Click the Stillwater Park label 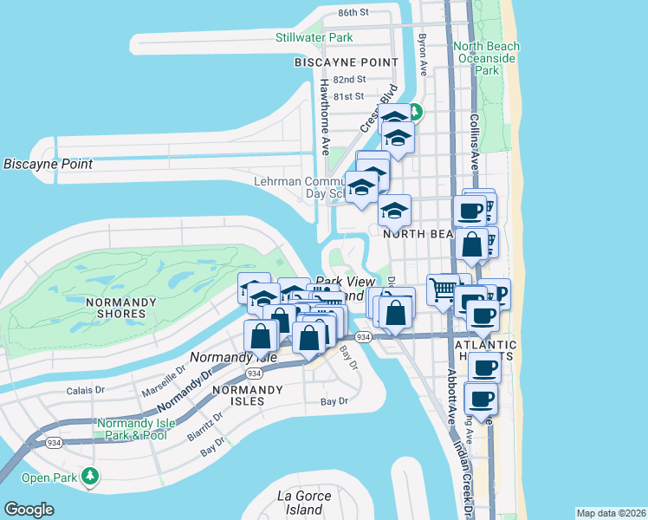314,38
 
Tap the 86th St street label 353,13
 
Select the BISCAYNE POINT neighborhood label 346,62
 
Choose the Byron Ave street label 423,53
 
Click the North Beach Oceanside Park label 486,58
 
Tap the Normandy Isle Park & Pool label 136,429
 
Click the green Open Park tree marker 89,476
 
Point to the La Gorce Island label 304,503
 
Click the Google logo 29,510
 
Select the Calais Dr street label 87,390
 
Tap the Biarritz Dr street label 205,425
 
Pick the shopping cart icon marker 443,289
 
